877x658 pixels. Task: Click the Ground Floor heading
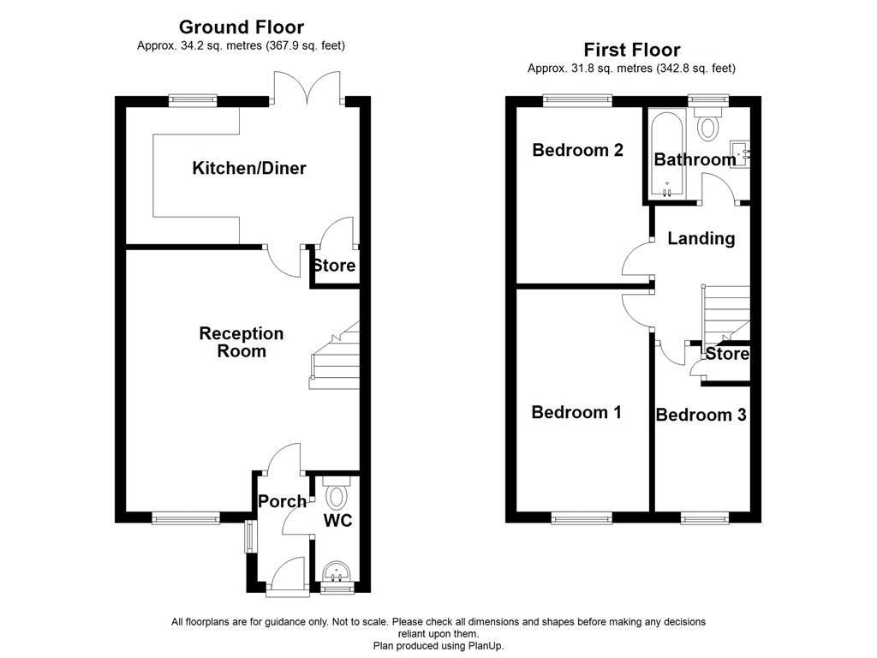[241, 27]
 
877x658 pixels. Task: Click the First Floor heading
[631, 50]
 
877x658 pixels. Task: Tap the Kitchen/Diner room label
[248, 168]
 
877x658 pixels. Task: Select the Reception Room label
[241, 342]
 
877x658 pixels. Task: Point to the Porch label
[282, 501]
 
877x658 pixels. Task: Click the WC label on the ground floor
[337, 520]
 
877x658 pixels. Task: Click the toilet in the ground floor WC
[335, 494]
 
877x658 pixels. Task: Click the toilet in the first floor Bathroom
[708, 127]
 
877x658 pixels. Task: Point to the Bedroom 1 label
[576, 412]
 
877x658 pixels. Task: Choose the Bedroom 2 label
[577, 150]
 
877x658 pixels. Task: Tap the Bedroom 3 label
[701, 415]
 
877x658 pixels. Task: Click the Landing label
[701, 238]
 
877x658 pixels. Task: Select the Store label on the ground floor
[333, 266]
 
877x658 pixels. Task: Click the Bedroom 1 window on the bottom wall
[582, 517]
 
